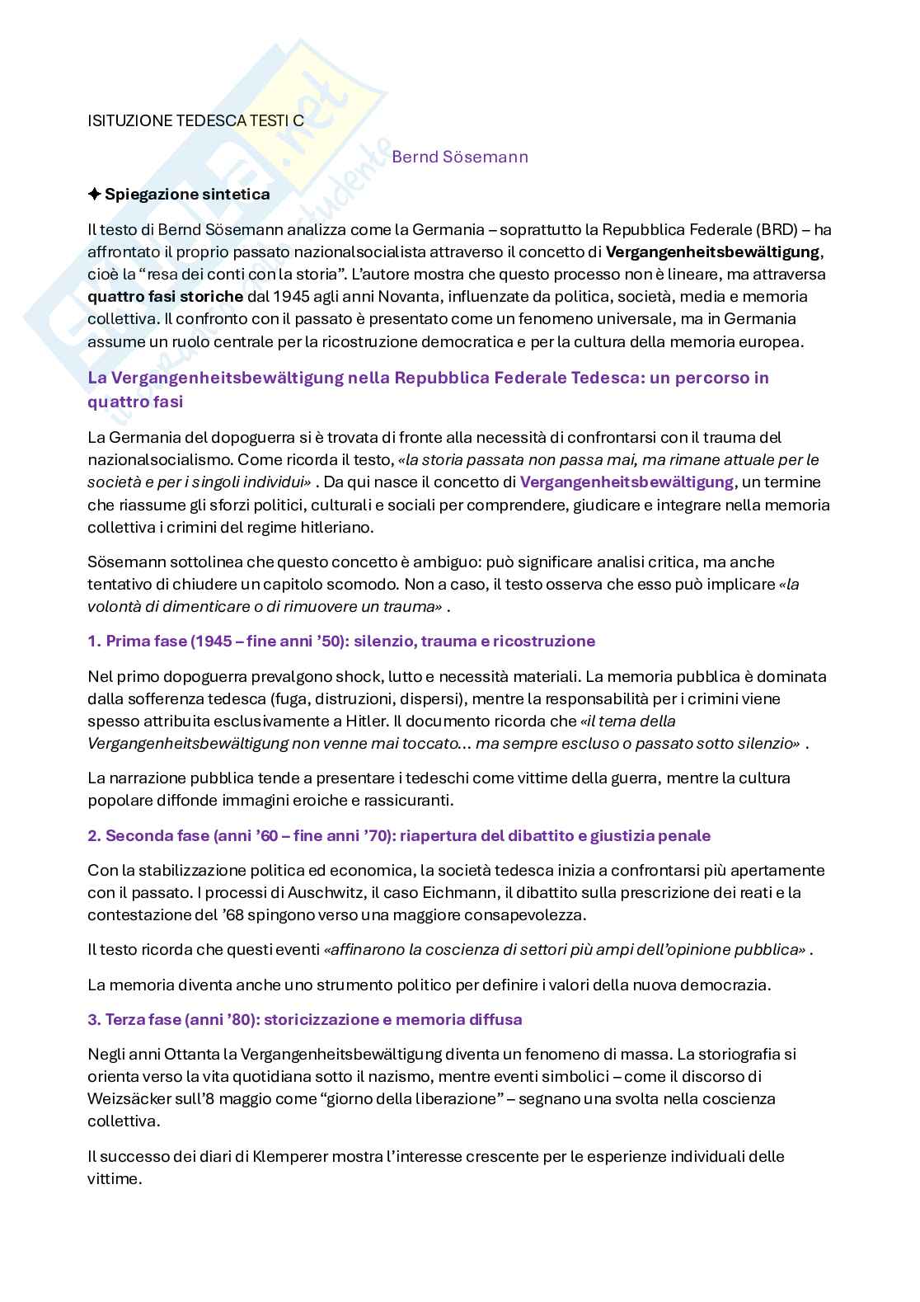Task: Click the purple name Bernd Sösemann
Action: click(x=460, y=157)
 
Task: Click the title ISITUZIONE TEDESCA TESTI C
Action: click(x=195, y=120)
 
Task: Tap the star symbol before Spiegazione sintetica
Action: click(x=94, y=195)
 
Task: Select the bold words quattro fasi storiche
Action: click(x=165, y=296)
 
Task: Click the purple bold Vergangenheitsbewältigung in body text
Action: click(x=627, y=482)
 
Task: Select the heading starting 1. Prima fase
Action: click(x=340, y=641)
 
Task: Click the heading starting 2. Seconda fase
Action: click(x=398, y=835)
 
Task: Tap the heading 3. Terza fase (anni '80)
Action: click(x=304, y=1019)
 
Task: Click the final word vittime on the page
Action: click(x=114, y=1178)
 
